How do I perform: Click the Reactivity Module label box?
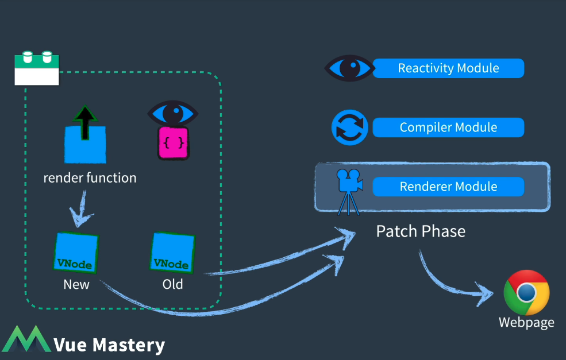pos(448,68)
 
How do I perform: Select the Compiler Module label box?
pos(448,127)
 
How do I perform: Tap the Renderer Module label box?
pos(448,187)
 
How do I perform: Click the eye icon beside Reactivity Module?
pos(349,68)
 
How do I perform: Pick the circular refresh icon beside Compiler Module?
pos(349,127)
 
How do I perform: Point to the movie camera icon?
pos(349,192)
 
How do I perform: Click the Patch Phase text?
pos(421,231)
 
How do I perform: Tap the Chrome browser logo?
pos(527,293)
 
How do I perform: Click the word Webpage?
pos(526,323)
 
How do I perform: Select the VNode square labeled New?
pos(76,252)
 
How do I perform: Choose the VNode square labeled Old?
pos(172,252)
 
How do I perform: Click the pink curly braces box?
pos(174,143)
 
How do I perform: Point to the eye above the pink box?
pos(173,113)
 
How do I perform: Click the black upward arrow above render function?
pos(85,123)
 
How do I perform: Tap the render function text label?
pos(90,178)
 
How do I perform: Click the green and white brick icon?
pos(37,68)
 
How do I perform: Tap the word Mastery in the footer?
pos(129,345)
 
